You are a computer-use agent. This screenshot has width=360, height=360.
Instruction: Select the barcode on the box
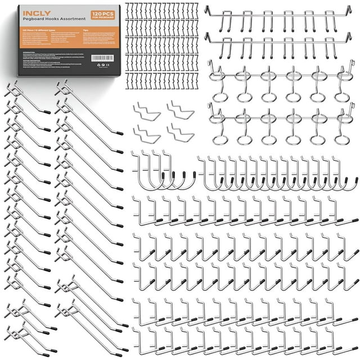point(102,58)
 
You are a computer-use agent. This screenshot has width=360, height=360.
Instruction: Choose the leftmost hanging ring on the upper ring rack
point(220,97)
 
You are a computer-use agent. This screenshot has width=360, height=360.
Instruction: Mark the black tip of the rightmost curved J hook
point(355,180)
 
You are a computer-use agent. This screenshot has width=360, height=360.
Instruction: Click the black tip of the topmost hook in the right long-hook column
point(119,133)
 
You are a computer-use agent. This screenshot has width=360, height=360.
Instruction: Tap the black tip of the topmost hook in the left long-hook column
point(47,111)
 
